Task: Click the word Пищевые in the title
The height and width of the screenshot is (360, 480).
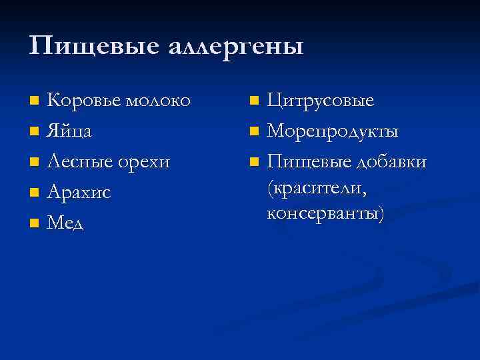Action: point(90,47)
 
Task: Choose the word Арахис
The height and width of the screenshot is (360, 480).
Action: point(79,193)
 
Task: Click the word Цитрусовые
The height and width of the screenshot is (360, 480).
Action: point(321,101)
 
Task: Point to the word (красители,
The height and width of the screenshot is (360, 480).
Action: point(317,189)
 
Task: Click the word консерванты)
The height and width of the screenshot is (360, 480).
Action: point(325,214)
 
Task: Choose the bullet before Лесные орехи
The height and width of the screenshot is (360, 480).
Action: point(34,163)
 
